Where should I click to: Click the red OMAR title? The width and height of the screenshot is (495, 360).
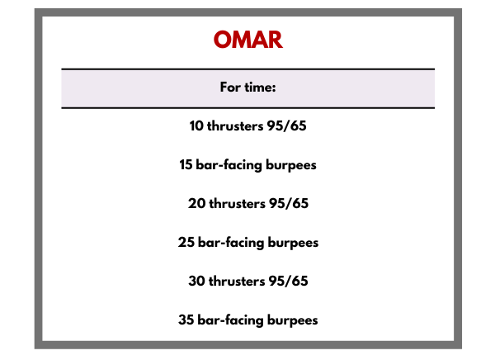coord(248,40)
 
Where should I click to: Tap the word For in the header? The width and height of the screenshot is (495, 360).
coord(230,87)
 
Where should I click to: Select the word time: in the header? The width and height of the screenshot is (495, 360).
coord(260,87)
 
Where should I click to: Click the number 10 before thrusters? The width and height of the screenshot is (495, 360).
coord(196,126)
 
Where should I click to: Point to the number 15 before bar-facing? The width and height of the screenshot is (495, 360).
coord(186,164)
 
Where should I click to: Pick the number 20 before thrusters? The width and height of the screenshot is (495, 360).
coord(196,203)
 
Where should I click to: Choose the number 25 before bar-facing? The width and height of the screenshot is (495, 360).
coord(186,243)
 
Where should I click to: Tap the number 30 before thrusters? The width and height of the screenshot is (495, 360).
coord(196,281)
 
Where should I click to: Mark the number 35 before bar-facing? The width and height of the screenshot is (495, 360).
coord(186,320)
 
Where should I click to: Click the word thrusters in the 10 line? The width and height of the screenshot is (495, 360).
coord(235,126)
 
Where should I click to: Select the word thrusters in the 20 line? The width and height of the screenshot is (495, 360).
coord(237,203)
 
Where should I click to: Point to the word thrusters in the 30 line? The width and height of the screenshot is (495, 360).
coord(237,281)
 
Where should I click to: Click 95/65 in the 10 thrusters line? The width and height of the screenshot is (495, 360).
coord(286,126)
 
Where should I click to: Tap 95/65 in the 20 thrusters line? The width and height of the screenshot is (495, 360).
coord(289,203)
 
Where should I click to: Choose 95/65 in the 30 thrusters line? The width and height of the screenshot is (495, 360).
coord(288,281)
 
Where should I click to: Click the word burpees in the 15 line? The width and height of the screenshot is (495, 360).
coord(291,165)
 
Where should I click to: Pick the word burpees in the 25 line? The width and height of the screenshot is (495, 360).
coord(293,243)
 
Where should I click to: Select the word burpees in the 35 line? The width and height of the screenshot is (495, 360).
coord(293,320)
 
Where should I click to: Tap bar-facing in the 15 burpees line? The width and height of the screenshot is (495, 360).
coord(229,165)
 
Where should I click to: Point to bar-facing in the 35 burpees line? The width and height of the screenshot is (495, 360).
coord(230,320)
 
